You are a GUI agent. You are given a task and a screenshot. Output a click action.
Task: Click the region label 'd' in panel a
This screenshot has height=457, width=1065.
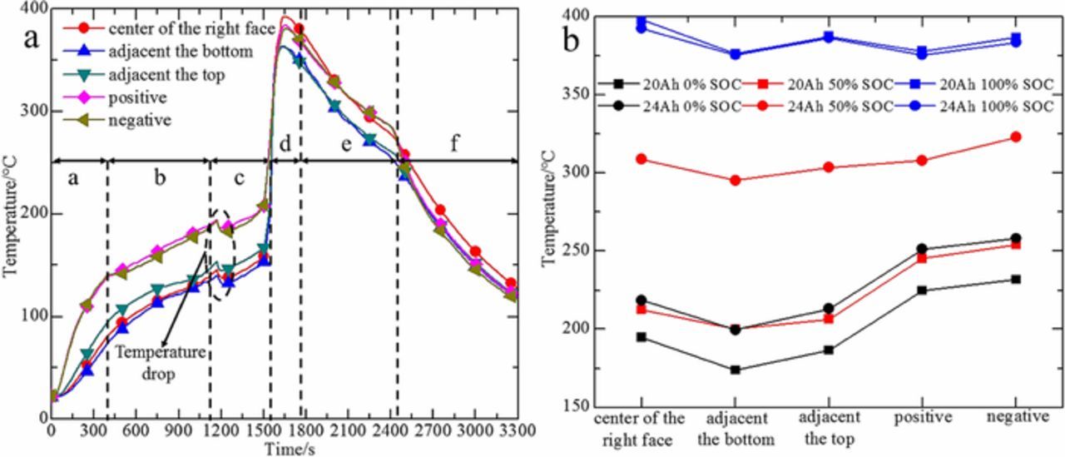(x=285, y=145)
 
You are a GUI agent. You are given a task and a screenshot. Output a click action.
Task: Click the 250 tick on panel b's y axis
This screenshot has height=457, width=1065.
(x=573, y=251)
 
